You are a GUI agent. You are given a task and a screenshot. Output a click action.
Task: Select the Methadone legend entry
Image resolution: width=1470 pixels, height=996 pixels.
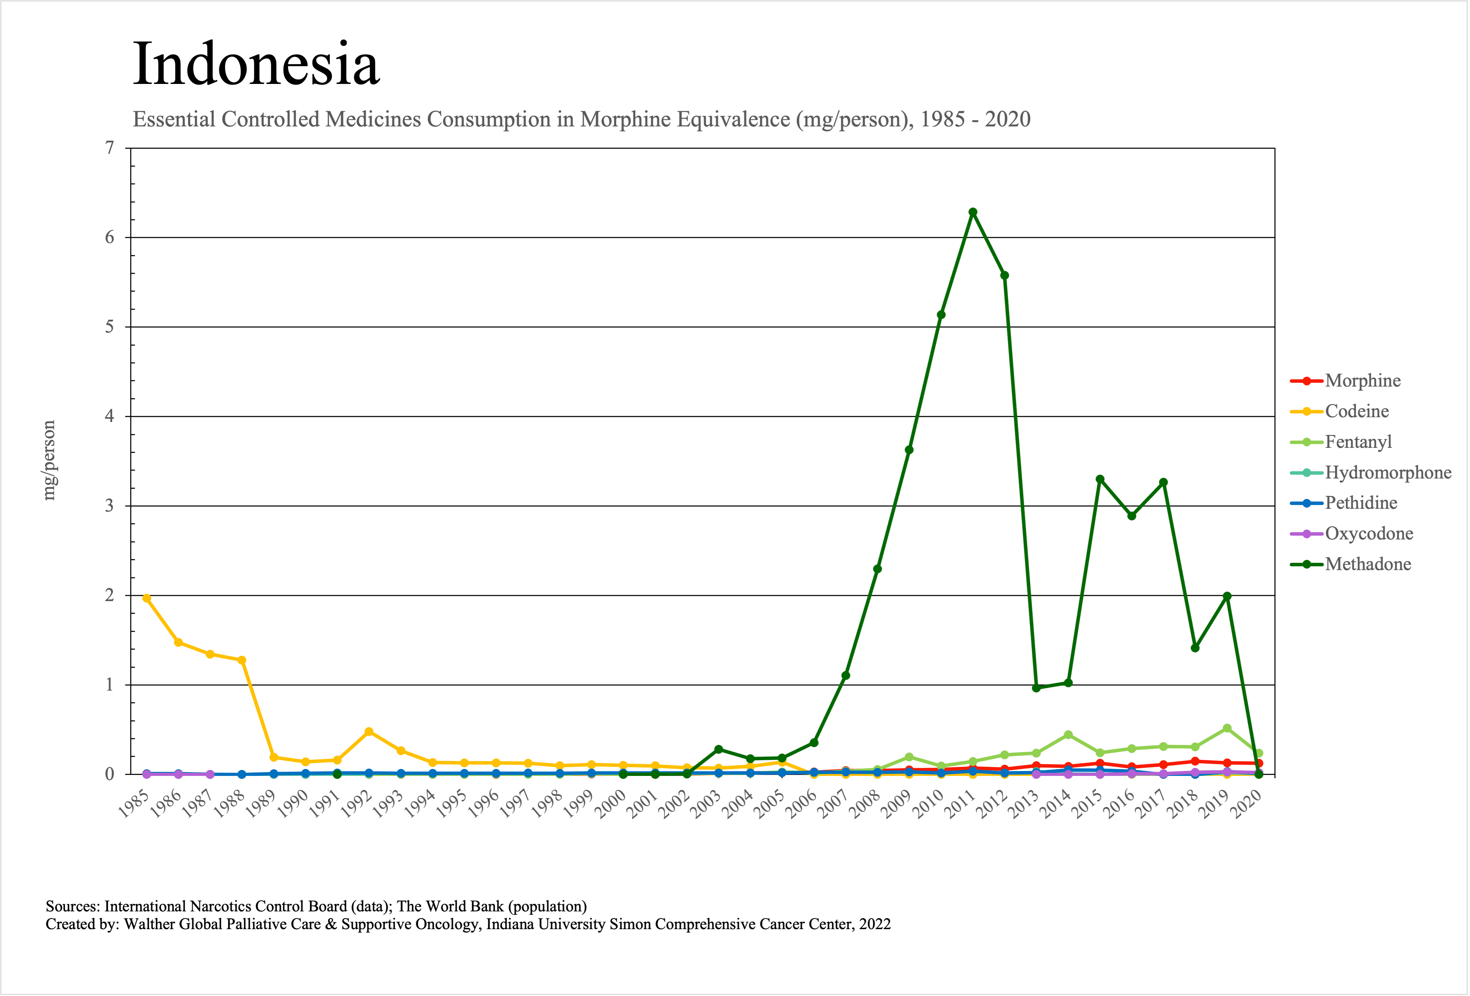click(1368, 564)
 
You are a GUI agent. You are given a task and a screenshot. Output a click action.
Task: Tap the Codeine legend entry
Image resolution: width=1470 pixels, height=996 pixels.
click(1357, 411)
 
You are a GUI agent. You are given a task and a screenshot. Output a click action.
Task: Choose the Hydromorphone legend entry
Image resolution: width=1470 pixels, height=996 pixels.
click(1388, 472)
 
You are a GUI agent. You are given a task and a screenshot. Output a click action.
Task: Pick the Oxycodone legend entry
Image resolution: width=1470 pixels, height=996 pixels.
click(1369, 534)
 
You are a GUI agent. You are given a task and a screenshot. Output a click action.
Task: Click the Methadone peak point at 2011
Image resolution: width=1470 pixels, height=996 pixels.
click(973, 212)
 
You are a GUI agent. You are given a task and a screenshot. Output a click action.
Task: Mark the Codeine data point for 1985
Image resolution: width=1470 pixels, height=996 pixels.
click(147, 598)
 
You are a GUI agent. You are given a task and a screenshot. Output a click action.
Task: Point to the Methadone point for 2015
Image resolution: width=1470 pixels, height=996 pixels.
click(1100, 479)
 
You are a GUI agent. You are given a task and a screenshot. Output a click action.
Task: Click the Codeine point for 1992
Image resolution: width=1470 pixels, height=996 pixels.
click(369, 732)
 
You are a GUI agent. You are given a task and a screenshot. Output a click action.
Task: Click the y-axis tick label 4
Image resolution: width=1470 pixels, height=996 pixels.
click(110, 416)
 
